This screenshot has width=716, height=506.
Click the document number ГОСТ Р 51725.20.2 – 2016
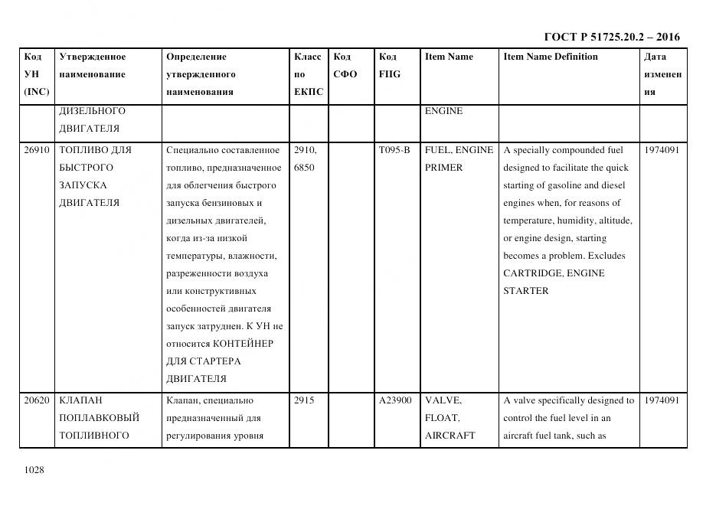[x=611, y=37]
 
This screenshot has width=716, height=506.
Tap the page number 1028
[x=34, y=470]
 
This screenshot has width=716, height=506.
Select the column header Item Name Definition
[x=551, y=57]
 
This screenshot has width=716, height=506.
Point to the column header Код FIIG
[x=389, y=65]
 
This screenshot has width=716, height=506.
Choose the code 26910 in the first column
[x=36, y=150]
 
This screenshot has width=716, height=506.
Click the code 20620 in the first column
[x=36, y=400]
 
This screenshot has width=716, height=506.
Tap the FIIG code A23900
[x=395, y=400]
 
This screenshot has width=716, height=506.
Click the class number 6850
[x=304, y=168]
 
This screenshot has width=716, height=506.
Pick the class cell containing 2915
[x=304, y=400]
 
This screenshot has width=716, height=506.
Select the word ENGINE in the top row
[x=443, y=111]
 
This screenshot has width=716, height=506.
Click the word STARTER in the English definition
[x=525, y=291]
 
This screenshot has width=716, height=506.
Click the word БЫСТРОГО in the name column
[x=86, y=168]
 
